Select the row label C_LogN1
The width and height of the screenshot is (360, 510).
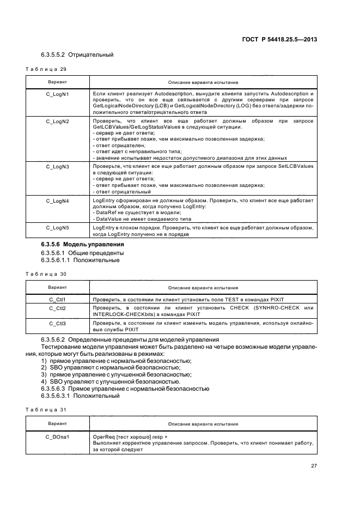(57, 94)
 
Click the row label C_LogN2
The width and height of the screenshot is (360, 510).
(57, 121)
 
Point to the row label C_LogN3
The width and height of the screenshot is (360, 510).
(57, 166)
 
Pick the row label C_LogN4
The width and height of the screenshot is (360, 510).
(57, 201)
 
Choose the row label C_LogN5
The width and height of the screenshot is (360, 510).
(57, 227)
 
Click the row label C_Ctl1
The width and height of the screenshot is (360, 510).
(57, 300)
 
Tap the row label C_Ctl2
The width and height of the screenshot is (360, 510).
(57, 308)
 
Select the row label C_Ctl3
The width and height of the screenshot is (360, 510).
(57, 324)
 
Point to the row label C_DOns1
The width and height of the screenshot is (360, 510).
(57, 437)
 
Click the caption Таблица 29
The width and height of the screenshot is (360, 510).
(46, 69)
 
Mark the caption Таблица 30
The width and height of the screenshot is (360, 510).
(46, 274)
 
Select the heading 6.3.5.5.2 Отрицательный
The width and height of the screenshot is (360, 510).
(77, 55)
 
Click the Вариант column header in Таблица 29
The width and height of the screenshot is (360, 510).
(57, 82)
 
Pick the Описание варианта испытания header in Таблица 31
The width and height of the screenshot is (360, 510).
(203, 423)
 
